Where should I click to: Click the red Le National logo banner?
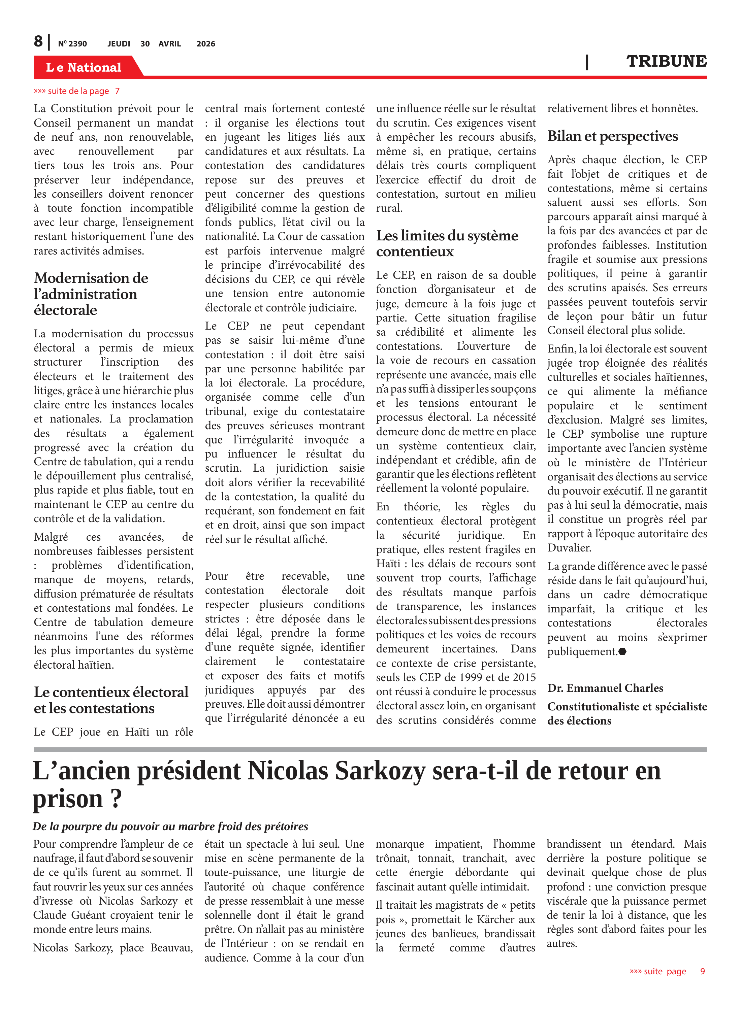84,67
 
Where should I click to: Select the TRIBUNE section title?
666,61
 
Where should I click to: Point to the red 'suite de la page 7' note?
77,91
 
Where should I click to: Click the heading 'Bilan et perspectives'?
612,136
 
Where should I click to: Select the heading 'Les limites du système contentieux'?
447,243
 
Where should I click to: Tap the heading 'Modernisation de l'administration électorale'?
91,294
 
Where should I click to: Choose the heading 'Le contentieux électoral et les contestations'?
111,700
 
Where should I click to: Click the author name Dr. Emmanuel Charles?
605,688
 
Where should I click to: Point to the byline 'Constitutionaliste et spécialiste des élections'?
626,713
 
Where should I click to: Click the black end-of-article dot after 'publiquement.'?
622,651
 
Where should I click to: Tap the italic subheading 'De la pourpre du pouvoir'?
170,826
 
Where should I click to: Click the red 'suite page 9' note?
667,971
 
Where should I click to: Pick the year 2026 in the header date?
205,44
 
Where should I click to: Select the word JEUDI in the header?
119,44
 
